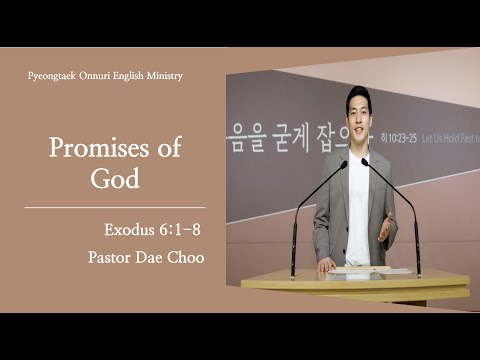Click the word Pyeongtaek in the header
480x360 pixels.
click(x=52, y=77)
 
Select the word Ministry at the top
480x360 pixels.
click(x=162, y=77)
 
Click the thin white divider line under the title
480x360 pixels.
click(x=114, y=207)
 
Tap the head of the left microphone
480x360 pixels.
click(x=343, y=164)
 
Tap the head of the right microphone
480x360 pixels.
click(x=365, y=161)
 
